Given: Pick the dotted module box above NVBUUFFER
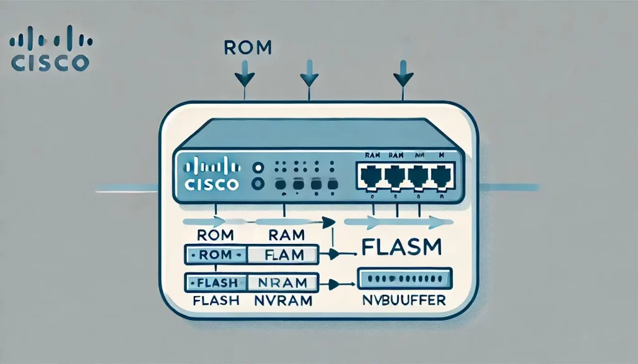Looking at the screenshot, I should (404, 278).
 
